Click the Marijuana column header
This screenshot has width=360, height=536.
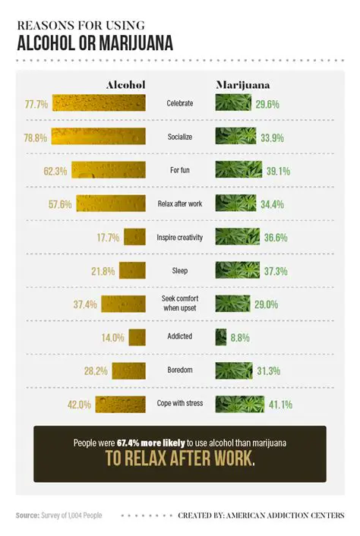(x=243, y=85)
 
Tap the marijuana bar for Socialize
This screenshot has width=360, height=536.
(x=235, y=137)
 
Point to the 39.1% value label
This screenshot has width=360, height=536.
(x=277, y=171)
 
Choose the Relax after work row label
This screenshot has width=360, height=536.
(x=180, y=203)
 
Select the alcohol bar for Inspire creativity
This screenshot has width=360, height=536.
(x=134, y=237)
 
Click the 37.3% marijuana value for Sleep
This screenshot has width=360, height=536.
(x=275, y=270)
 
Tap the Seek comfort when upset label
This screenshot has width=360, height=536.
(x=180, y=304)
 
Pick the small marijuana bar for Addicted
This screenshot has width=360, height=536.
(x=220, y=337)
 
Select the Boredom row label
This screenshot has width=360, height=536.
(x=180, y=370)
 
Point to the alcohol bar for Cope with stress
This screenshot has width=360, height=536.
(x=121, y=404)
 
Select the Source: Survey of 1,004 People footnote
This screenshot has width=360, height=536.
(x=58, y=516)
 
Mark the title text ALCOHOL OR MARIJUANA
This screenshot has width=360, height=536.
(x=94, y=39)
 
